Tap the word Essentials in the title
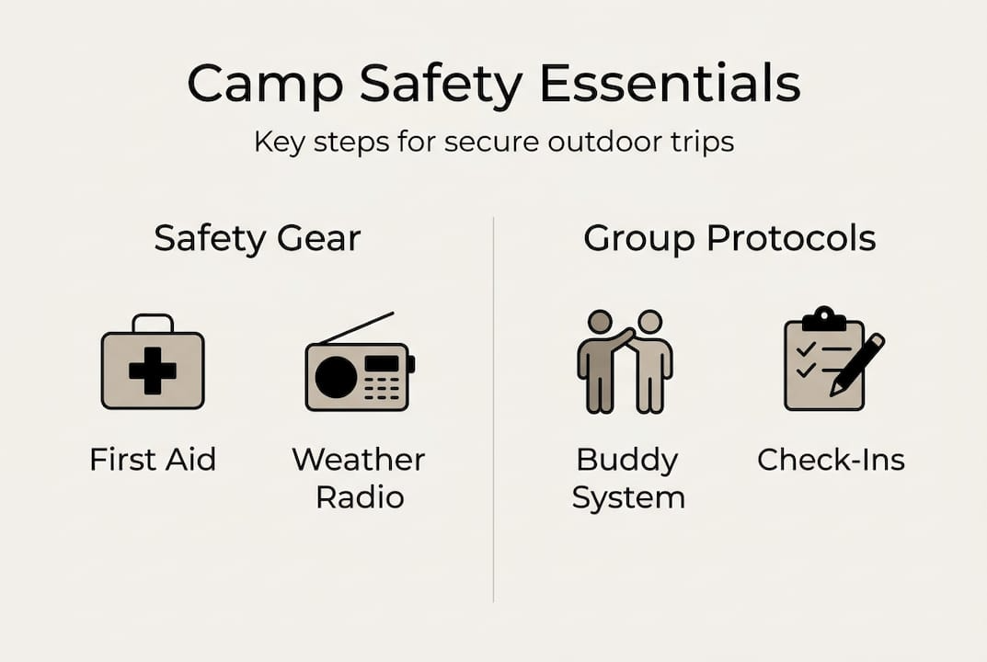click(x=670, y=83)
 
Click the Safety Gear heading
click(x=257, y=238)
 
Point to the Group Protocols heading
click(x=729, y=238)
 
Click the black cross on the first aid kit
click(x=153, y=371)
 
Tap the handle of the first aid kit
click(x=153, y=324)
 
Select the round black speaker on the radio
click(x=336, y=378)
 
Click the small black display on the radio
click(x=382, y=364)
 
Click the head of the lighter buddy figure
click(x=649, y=322)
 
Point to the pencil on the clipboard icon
click(x=856, y=365)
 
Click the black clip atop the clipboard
click(x=824, y=319)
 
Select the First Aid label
click(x=153, y=460)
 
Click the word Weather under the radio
click(x=358, y=460)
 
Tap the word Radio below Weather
click(x=360, y=497)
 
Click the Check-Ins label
click(x=831, y=460)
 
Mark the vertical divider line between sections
click(x=493, y=410)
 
